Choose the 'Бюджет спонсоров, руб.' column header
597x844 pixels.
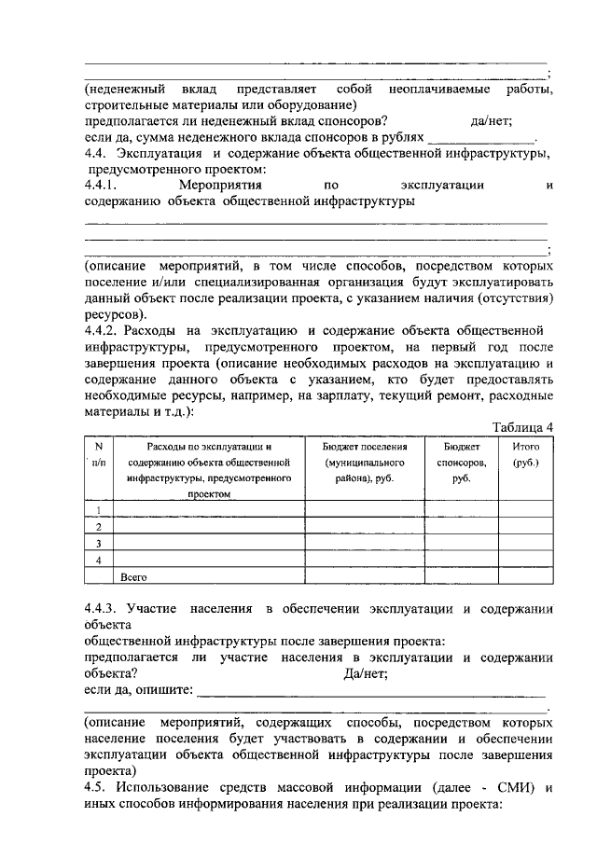point(459,462)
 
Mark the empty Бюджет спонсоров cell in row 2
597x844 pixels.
point(459,526)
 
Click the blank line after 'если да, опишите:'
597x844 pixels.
point(373,692)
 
